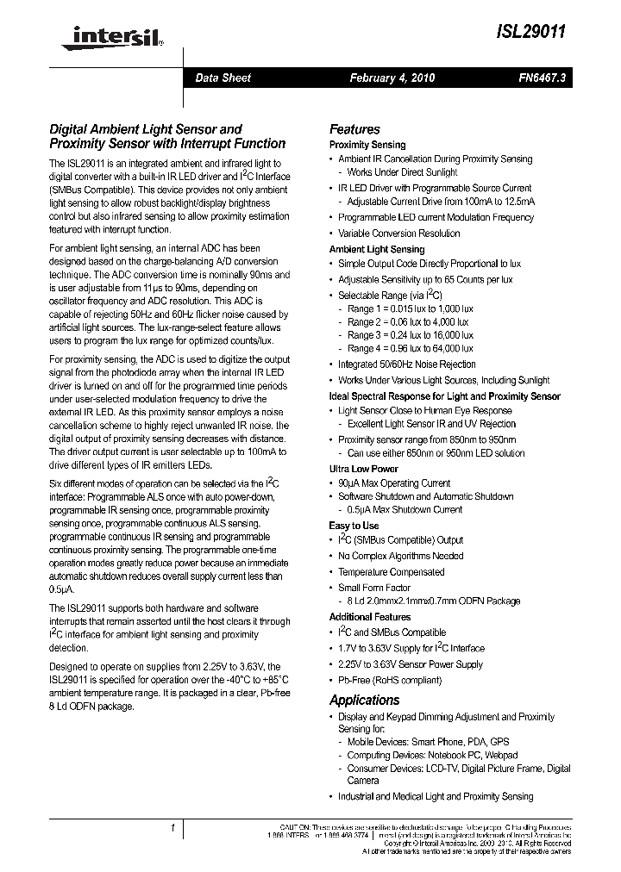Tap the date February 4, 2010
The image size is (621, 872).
coord(392,78)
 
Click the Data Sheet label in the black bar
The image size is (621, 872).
coord(223,78)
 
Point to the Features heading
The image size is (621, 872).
coord(354,129)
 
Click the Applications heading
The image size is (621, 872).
coord(365,700)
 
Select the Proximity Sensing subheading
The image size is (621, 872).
coord(367,145)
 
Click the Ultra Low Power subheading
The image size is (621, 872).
coord(363,469)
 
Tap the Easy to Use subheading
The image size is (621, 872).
coord(354,526)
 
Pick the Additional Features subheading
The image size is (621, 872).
coord(370,617)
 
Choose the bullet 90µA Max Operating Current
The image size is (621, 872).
coord(394,483)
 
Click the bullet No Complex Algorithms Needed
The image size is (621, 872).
coord(400,556)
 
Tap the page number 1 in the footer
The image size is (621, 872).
coord(172,828)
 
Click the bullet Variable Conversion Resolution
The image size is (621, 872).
coord(398,234)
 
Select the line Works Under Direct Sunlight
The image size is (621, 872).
coord(402,172)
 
